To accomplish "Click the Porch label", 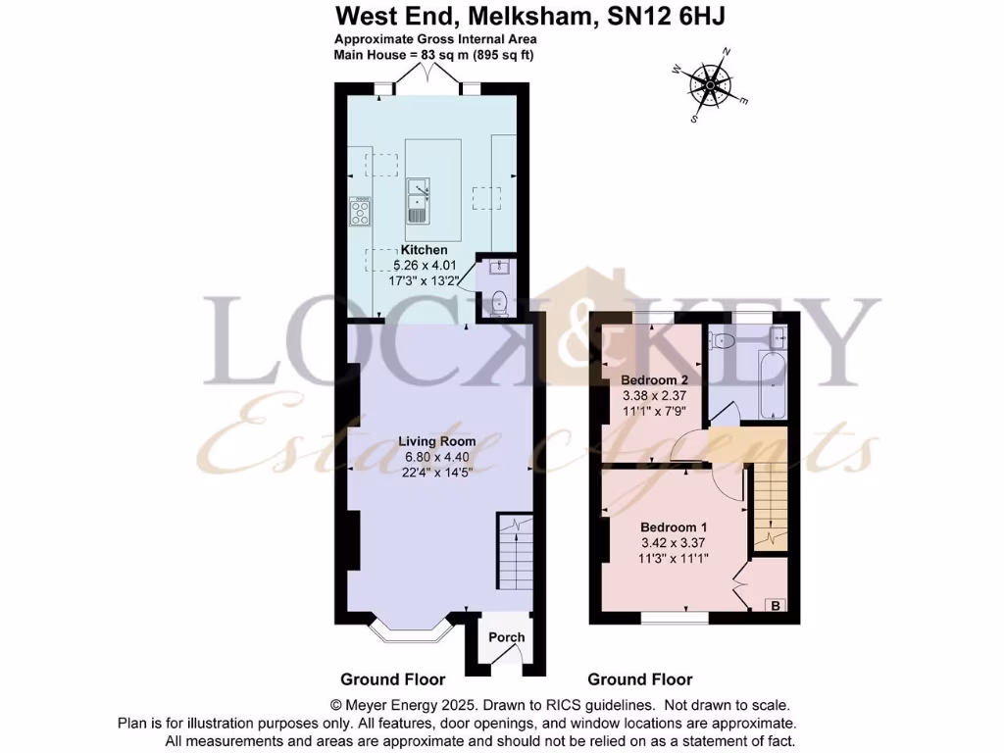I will (507, 637).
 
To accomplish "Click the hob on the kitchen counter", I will (360, 211).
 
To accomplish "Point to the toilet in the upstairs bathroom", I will (723, 341).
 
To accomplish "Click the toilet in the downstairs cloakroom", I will (497, 303).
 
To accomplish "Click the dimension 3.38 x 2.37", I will (655, 395).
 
